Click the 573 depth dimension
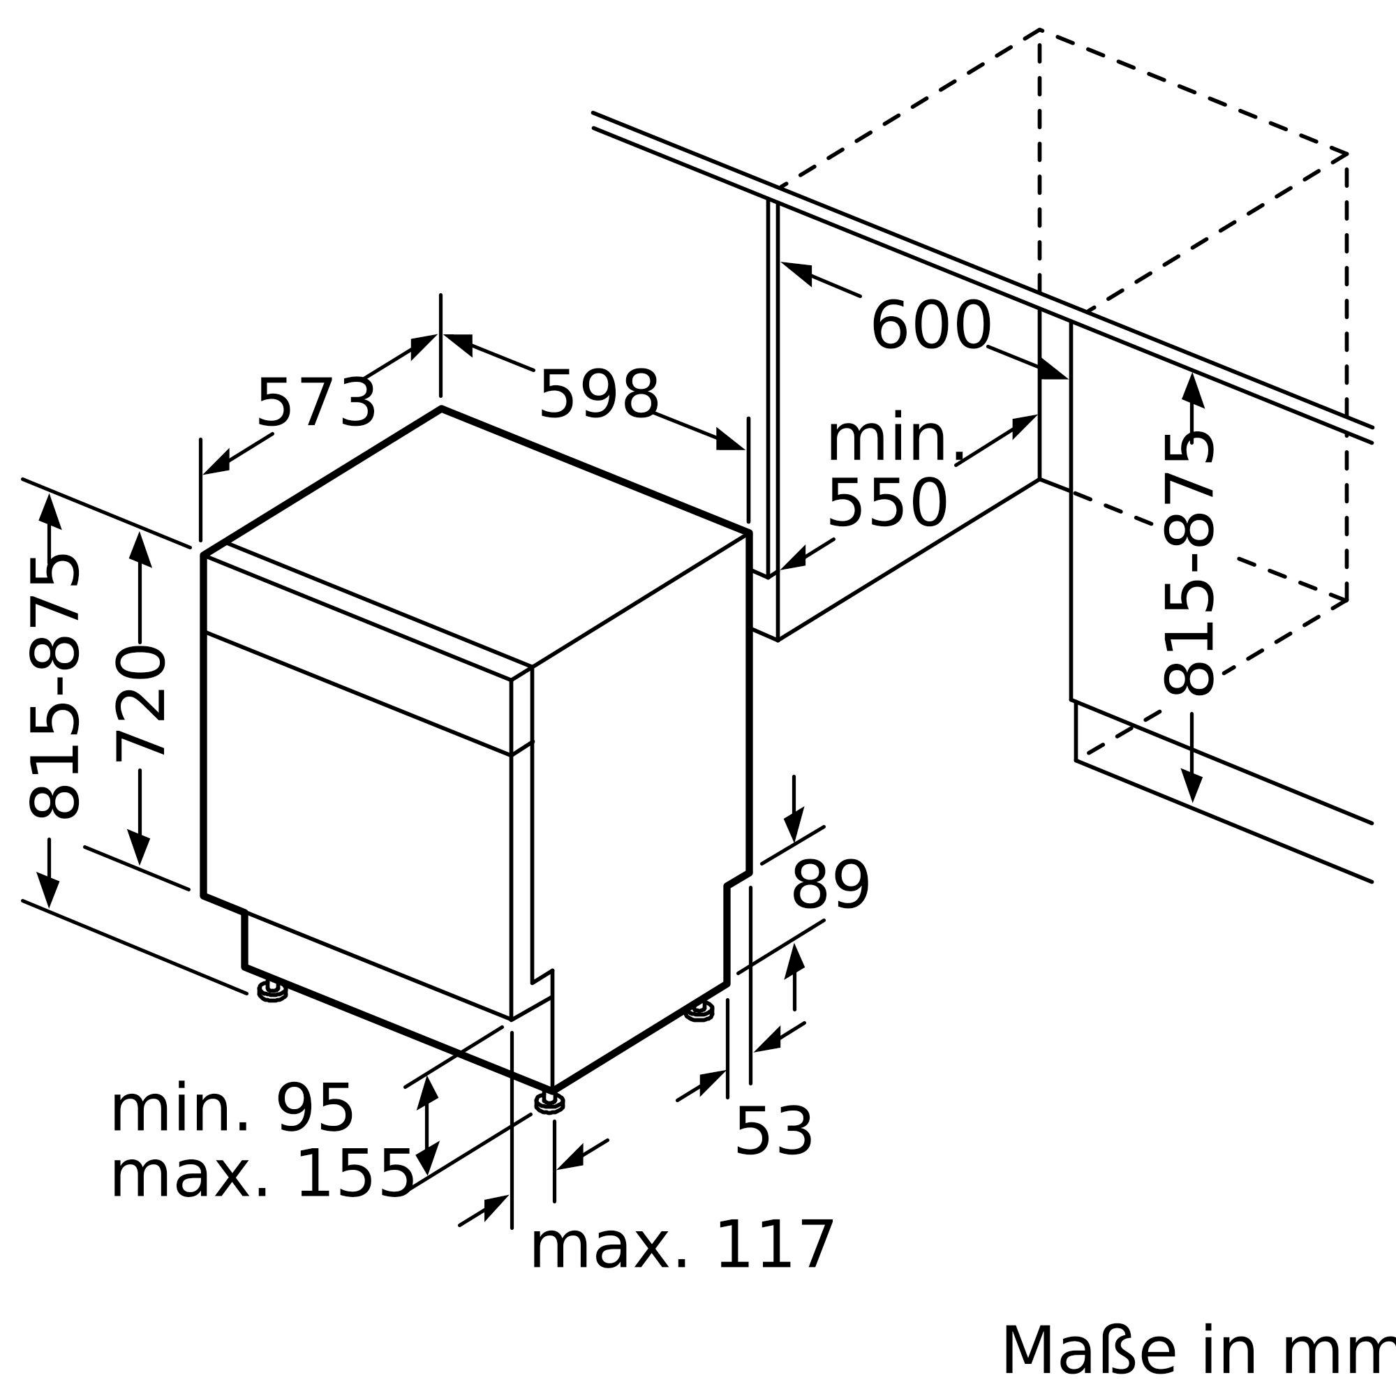point(316,403)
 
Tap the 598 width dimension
point(599,394)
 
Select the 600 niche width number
point(930,326)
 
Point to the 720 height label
point(141,703)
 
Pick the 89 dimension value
point(830,886)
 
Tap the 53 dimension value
point(774,1131)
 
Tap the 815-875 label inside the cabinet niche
point(1189,563)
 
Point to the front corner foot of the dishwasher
point(550,1102)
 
